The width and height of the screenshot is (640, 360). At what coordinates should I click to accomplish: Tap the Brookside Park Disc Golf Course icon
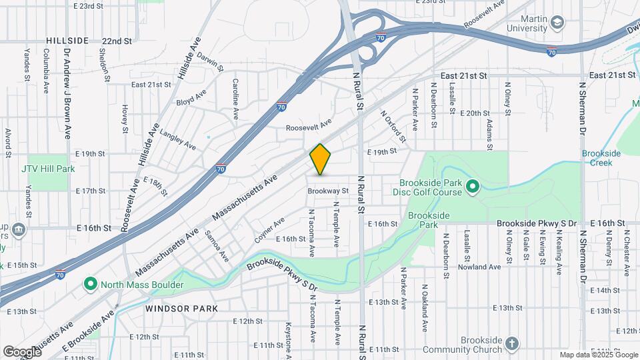[x=473, y=186]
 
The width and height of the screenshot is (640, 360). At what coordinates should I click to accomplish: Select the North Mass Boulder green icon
[x=91, y=285]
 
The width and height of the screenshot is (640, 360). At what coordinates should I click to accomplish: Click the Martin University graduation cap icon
[x=557, y=23]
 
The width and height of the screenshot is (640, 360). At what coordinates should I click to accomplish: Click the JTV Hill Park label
[x=47, y=169]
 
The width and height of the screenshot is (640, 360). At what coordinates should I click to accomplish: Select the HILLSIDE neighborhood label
[x=67, y=41]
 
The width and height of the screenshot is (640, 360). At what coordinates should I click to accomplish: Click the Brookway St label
[x=328, y=191]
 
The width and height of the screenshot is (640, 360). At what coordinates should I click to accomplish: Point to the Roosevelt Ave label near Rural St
[x=309, y=127]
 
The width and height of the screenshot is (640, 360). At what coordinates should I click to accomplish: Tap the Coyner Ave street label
[x=269, y=229]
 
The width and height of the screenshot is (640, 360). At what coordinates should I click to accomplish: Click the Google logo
[x=22, y=351]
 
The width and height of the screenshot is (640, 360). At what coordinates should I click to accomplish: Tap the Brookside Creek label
[x=601, y=158]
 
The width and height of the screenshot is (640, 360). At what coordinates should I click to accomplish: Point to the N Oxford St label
[x=393, y=126]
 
